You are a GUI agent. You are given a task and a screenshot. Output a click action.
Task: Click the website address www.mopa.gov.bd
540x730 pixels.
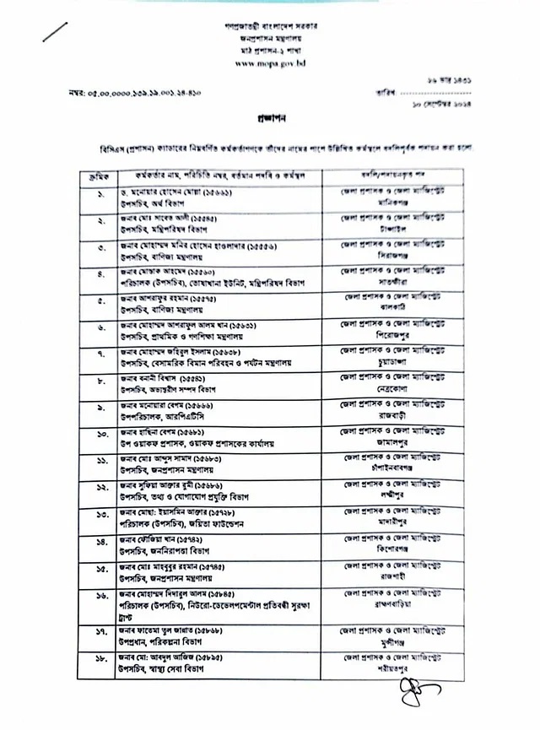[269, 63]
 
